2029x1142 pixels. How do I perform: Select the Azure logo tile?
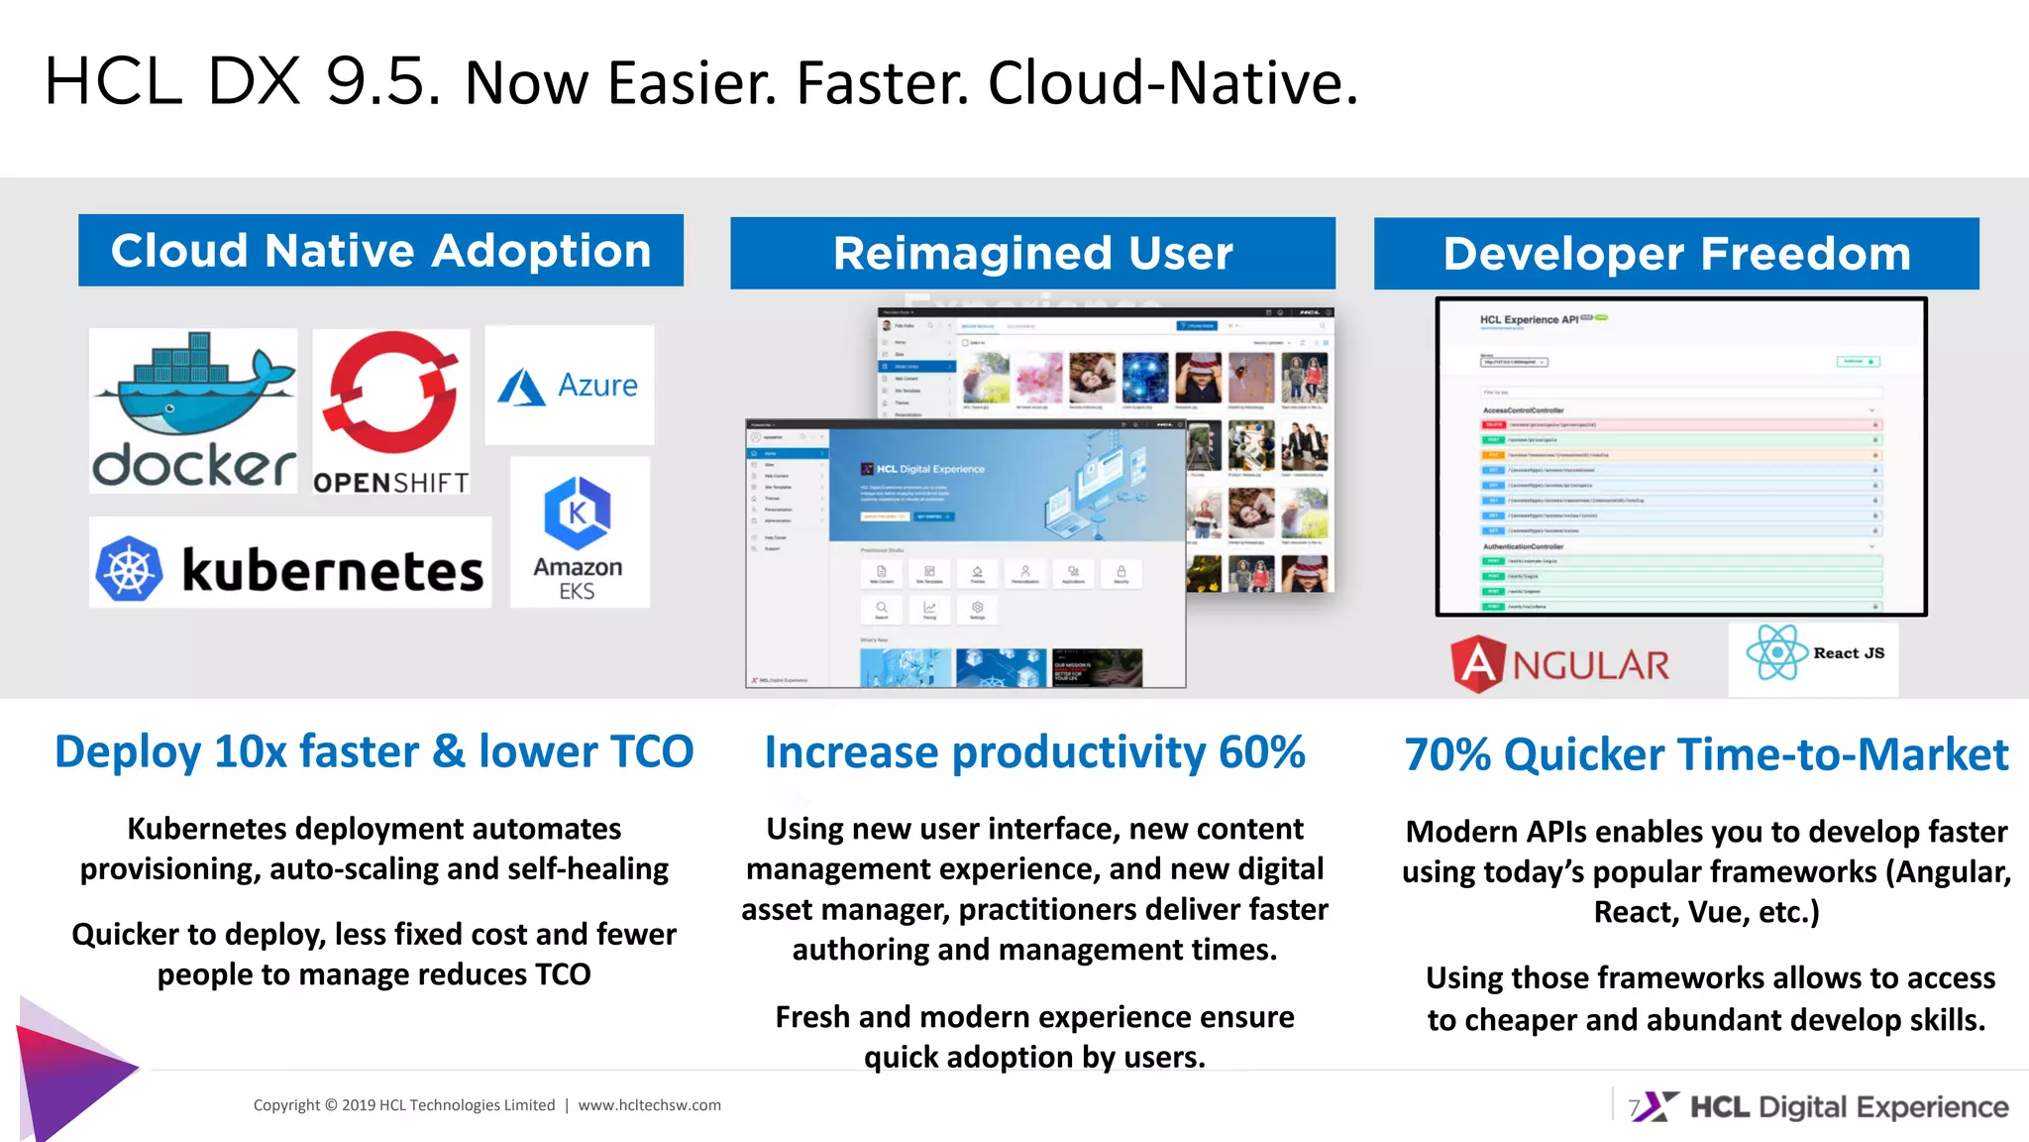pyautogui.click(x=570, y=385)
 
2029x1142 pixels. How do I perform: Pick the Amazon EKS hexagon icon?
pyautogui.click(x=578, y=513)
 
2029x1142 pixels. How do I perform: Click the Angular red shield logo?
pyautogui.click(x=1477, y=663)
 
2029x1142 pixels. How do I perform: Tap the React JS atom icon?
pyautogui.click(x=1777, y=652)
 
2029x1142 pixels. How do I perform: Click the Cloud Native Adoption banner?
pyautogui.click(x=380, y=251)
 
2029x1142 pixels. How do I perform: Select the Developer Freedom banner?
pyautogui.click(x=1676, y=254)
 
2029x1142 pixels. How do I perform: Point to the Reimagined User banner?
pyautogui.click(x=1032, y=254)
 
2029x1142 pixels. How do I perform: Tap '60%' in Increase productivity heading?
pyautogui.click(x=1261, y=752)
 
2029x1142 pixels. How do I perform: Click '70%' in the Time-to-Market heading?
pyautogui.click(x=1447, y=754)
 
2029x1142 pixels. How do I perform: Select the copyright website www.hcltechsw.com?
pyautogui.click(x=649, y=1105)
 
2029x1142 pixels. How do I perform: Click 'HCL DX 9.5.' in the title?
pyautogui.click(x=243, y=81)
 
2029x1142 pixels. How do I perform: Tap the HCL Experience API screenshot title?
pyautogui.click(x=1529, y=319)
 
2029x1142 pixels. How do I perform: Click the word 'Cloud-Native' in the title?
pyautogui.click(x=1172, y=83)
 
